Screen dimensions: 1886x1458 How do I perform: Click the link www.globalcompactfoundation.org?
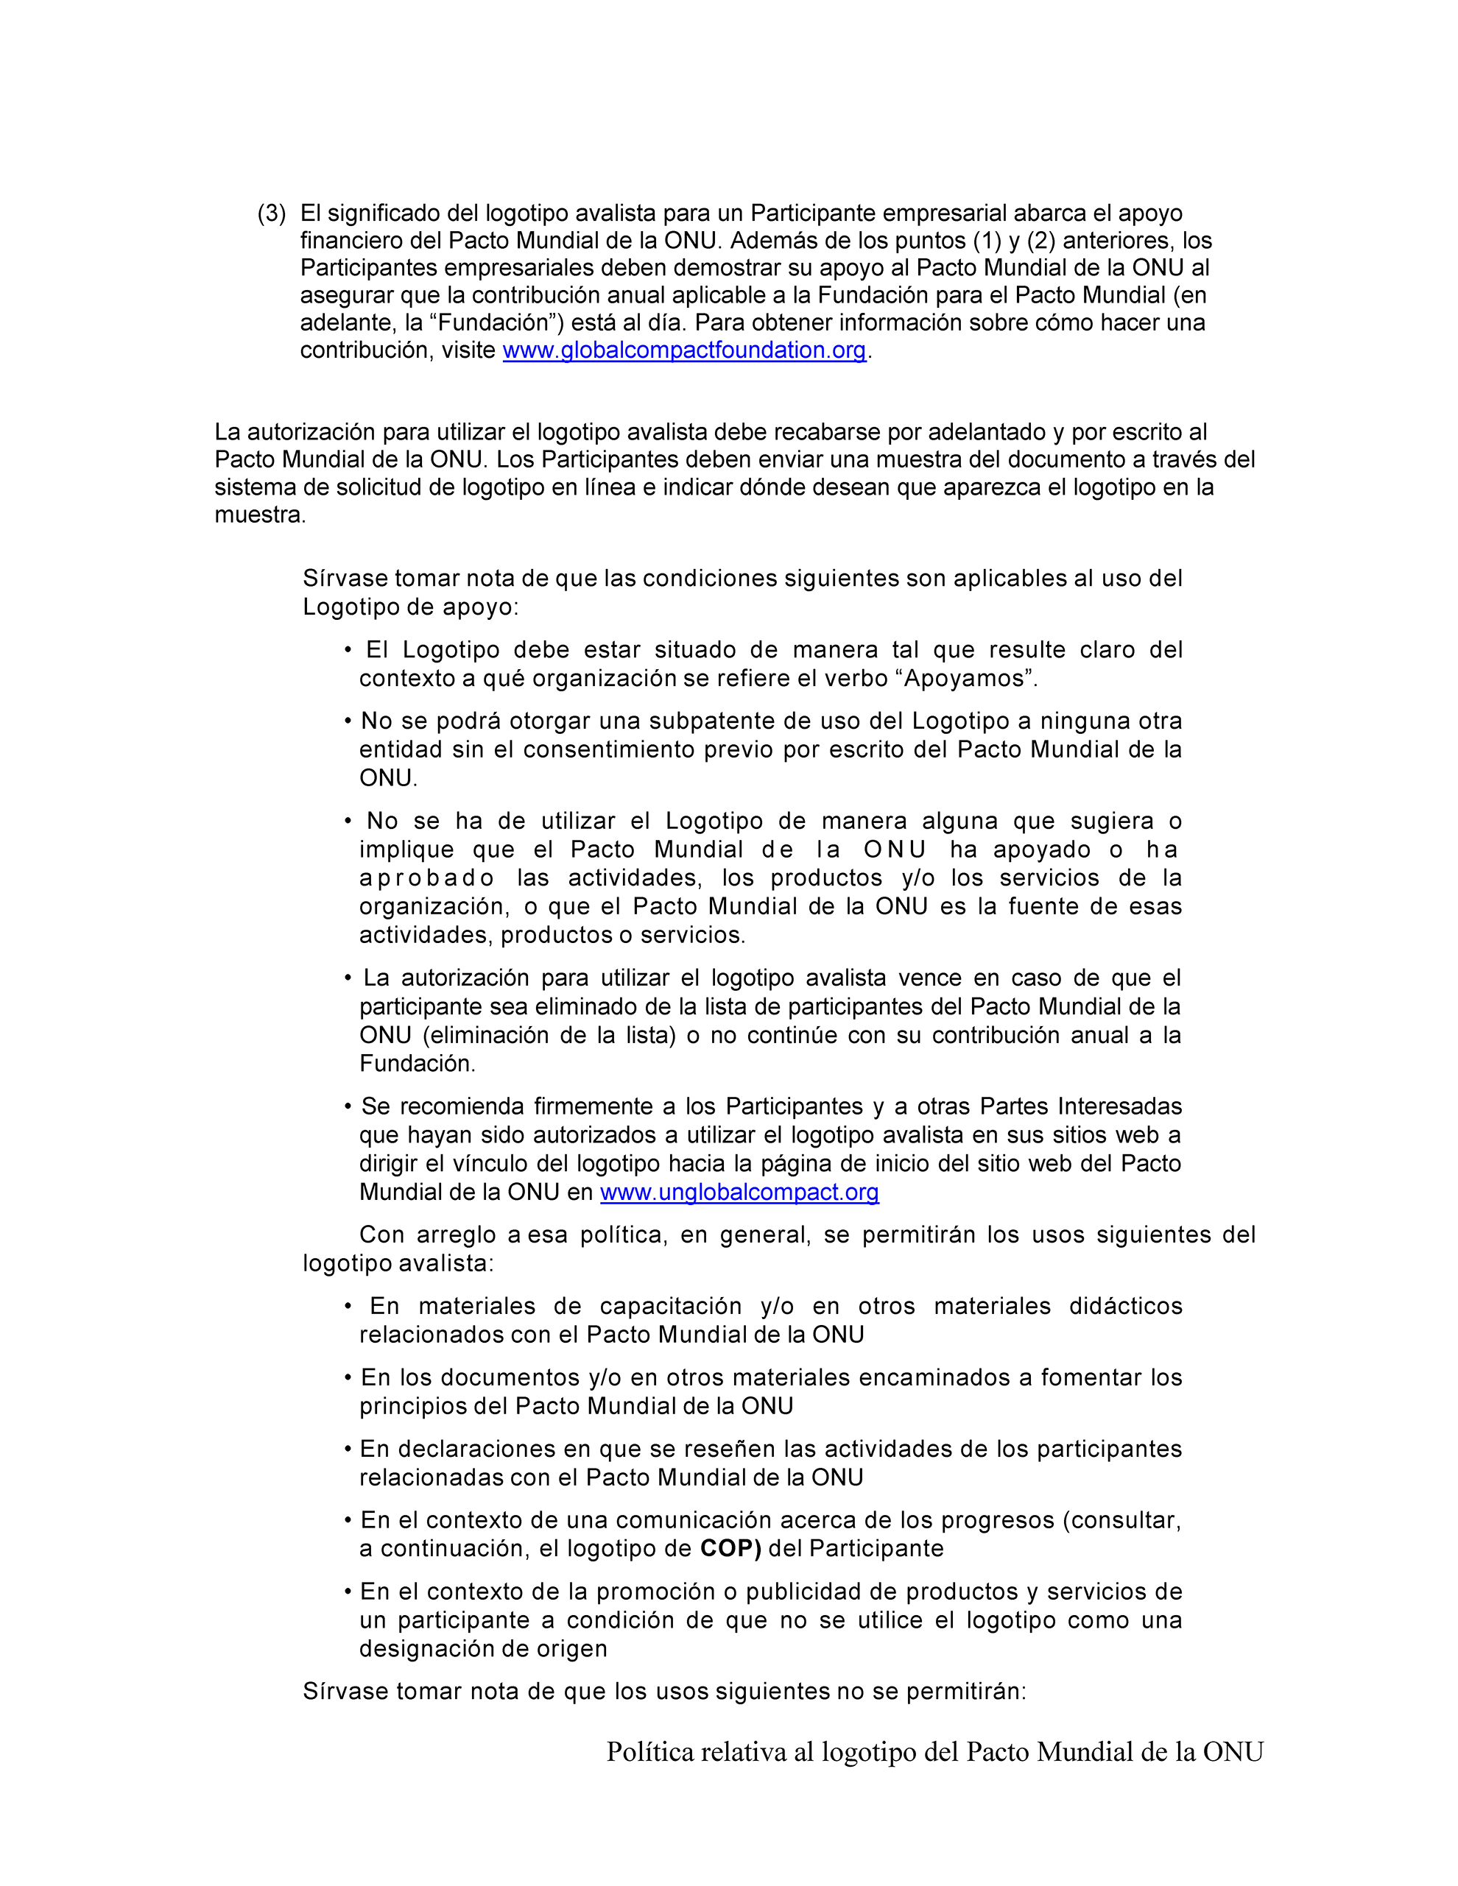click(684, 350)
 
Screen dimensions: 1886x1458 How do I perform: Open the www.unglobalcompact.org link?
click(739, 1193)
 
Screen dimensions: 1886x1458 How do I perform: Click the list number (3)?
click(271, 213)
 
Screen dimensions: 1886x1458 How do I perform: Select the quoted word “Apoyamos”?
click(968, 679)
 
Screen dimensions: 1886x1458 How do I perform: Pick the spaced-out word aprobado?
click(426, 878)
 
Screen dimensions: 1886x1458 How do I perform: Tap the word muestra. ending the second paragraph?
click(260, 515)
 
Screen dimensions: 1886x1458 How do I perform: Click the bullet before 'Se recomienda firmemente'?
click(348, 1107)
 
